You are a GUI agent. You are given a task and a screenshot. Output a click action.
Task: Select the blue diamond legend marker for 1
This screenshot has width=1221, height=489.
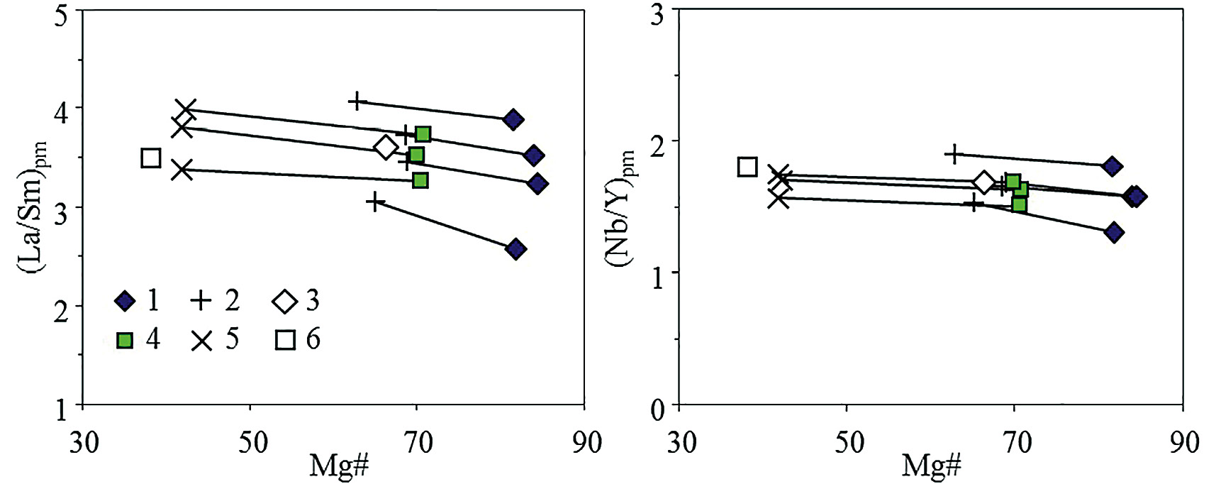click(125, 302)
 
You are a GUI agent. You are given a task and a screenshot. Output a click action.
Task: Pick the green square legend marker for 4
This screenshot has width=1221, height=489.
click(125, 341)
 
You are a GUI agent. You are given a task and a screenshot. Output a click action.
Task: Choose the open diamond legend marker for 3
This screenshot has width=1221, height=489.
click(284, 302)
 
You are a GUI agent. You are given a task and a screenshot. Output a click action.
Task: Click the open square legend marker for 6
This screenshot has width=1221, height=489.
click(284, 341)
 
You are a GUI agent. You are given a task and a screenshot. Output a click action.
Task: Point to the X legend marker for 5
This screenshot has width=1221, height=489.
click(202, 341)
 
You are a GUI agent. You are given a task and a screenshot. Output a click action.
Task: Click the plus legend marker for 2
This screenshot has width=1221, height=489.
click(202, 302)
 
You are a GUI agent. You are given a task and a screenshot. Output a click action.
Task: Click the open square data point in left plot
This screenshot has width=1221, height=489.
click(151, 158)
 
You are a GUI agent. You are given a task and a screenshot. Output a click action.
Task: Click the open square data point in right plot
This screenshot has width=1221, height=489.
click(747, 167)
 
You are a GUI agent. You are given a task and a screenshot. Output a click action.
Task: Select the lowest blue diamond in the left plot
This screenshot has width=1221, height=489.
click(516, 249)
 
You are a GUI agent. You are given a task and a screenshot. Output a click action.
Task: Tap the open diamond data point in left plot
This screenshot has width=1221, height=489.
click(385, 147)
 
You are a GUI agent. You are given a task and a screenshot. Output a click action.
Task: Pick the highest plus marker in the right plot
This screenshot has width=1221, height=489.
click(954, 153)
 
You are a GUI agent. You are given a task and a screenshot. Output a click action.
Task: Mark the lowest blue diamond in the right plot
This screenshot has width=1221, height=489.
click(1113, 232)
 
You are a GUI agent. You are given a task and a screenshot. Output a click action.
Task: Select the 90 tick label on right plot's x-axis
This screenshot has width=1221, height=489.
click(1182, 442)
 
